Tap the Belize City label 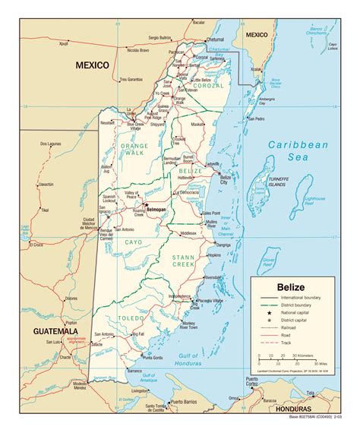coord(225,179)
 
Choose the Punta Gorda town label coord(153,357)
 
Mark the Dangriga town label coord(223,245)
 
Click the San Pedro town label coord(256,118)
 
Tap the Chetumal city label coord(216,39)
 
